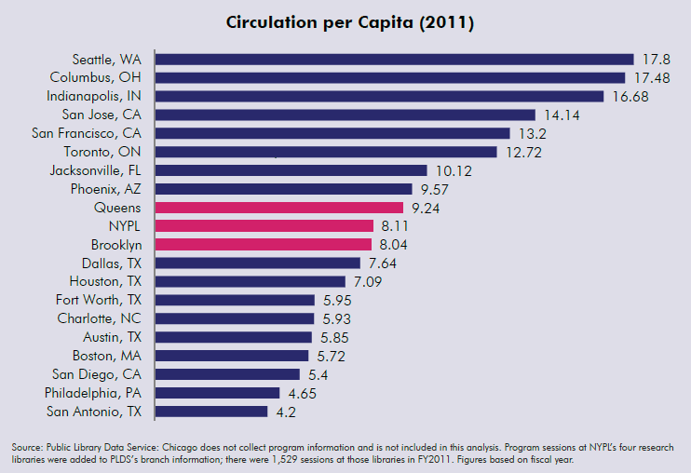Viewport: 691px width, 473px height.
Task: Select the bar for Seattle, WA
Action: coord(394,59)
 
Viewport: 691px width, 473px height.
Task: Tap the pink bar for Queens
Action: coord(279,208)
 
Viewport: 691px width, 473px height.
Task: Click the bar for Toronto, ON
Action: coord(326,152)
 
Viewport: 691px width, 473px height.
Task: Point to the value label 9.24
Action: coord(426,208)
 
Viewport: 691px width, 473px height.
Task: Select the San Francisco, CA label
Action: coord(87,133)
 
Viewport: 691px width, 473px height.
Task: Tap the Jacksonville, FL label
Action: coord(98,170)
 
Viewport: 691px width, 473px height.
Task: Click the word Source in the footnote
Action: coord(29,447)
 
